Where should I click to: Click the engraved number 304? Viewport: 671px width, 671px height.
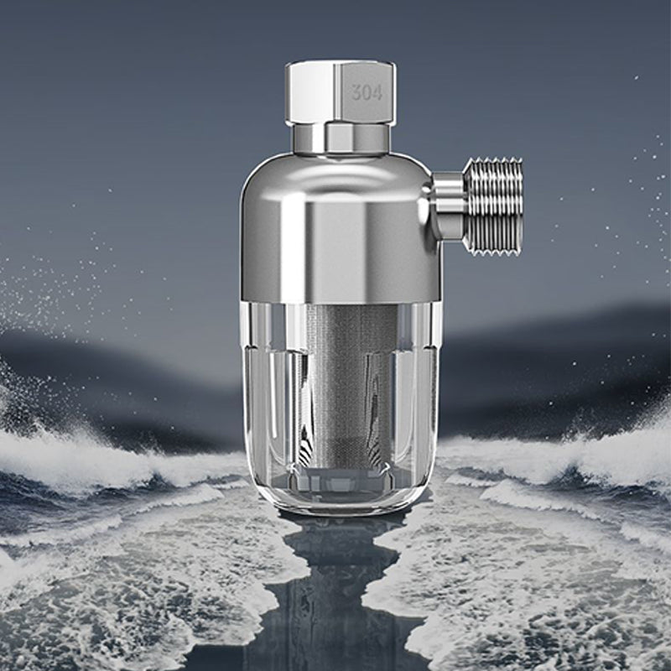(367, 92)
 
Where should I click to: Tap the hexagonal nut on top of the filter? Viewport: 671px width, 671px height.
(340, 92)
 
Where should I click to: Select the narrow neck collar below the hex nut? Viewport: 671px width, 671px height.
(340, 138)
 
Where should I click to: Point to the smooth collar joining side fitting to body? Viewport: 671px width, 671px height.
(448, 205)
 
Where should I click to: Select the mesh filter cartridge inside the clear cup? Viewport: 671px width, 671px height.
(339, 377)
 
